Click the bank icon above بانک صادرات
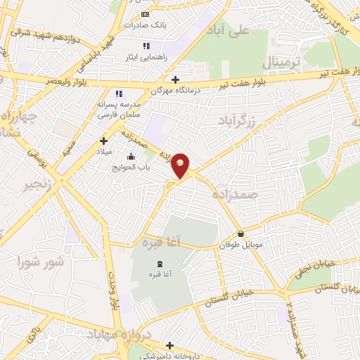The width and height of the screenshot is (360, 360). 145,14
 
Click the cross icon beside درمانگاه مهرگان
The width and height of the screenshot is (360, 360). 175,79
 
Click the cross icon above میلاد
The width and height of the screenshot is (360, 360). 103,141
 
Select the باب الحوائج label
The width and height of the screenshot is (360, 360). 131,167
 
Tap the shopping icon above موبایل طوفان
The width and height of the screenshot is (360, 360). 241,234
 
